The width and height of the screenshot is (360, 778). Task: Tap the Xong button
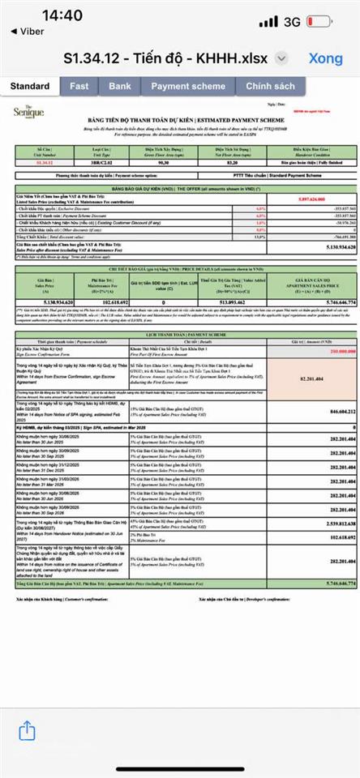pos(325,59)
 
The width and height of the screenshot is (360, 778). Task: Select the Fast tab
pos(79,85)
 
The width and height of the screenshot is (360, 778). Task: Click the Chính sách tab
pos(270,85)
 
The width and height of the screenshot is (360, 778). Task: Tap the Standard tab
pos(30,85)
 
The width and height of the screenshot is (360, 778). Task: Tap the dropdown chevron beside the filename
pos(281,59)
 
